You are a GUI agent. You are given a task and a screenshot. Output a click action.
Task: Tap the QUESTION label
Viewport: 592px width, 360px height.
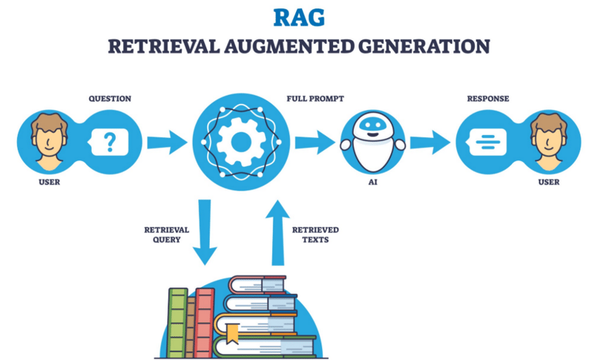point(109,99)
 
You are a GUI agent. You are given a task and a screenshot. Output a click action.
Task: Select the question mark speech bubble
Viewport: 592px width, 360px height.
point(110,142)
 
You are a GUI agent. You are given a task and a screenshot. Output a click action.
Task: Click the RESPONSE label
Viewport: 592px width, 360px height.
point(487,99)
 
